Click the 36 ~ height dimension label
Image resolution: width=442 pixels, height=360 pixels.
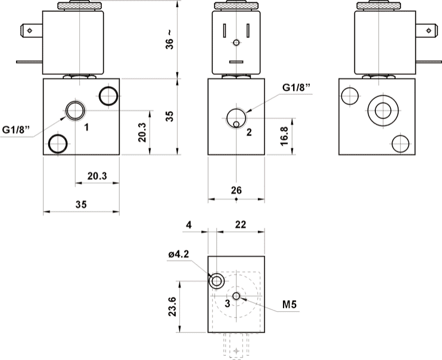170,39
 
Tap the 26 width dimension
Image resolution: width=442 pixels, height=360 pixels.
236,190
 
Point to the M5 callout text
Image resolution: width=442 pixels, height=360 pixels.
290,305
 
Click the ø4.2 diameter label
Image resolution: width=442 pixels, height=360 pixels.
179,255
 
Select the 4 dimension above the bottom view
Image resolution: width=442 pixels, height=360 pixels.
189,225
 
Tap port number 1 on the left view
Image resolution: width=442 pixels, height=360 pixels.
86,127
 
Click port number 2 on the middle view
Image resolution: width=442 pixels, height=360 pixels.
249,132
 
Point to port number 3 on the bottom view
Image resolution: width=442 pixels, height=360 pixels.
227,303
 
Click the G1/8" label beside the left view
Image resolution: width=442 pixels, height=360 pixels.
17,129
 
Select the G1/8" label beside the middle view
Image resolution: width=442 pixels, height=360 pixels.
297,88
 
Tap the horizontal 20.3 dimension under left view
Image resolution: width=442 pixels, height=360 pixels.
97,176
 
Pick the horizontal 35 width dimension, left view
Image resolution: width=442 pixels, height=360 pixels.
81,204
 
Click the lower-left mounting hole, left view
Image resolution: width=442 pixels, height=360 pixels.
58,143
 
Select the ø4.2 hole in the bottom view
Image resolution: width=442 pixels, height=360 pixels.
216,280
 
